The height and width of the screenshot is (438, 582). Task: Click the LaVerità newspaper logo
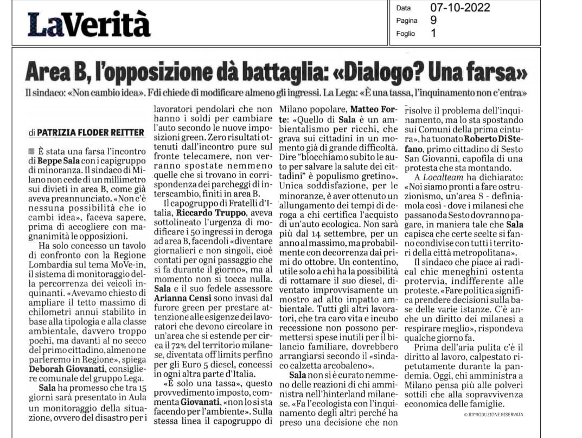tap(89, 24)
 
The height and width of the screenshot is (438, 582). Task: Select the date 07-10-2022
tap(460, 8)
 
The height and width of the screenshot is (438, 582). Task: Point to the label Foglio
tap(405, 33)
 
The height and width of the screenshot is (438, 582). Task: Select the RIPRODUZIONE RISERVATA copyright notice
tap(494, 414)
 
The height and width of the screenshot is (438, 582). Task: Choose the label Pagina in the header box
tap(406, 21)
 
